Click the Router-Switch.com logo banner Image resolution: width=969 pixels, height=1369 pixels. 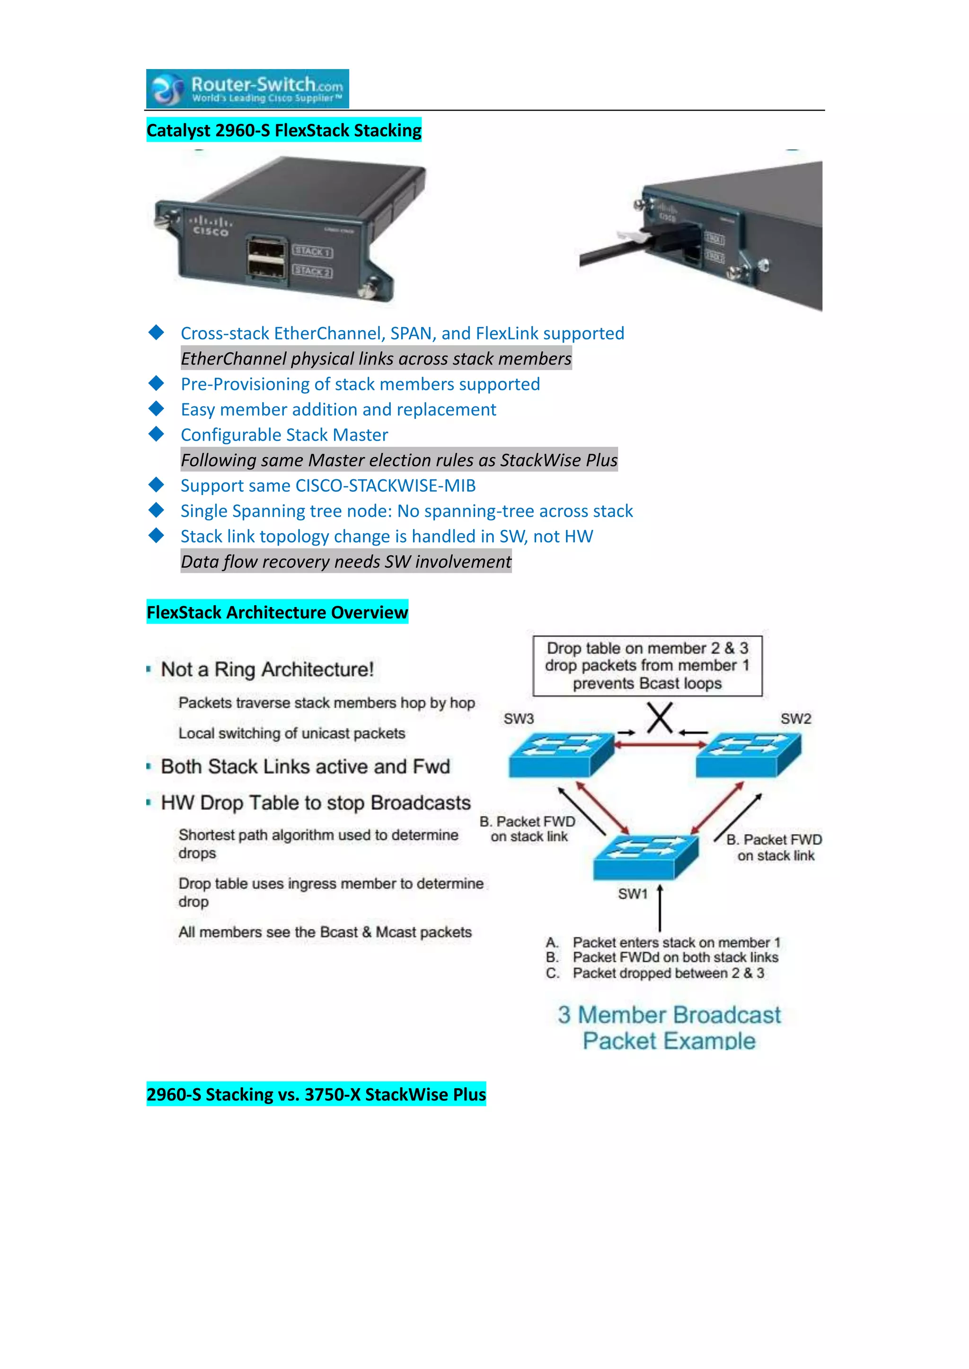247,89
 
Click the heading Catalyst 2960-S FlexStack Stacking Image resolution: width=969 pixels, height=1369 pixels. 284,130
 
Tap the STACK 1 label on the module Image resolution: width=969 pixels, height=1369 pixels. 313,251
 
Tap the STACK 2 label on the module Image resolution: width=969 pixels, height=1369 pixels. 313,271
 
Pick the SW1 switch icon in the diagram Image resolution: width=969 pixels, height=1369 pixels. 645,857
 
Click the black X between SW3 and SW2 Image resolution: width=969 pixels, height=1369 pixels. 660,718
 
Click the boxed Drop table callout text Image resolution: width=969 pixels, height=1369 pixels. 647,666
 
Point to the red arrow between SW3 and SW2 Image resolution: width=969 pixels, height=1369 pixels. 660,744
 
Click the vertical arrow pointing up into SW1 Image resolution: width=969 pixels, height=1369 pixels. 660,910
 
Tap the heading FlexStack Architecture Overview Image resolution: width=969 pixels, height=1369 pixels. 277,612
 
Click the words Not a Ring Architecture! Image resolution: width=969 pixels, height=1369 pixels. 267,669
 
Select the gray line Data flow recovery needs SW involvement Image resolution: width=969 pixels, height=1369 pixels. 346,562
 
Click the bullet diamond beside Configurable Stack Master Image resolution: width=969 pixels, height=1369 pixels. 156,434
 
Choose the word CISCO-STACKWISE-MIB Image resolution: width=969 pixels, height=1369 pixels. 386,485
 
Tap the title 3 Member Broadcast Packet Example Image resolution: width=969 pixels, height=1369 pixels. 669,1027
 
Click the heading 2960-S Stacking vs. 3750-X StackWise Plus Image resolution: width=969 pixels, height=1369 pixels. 316,1094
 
